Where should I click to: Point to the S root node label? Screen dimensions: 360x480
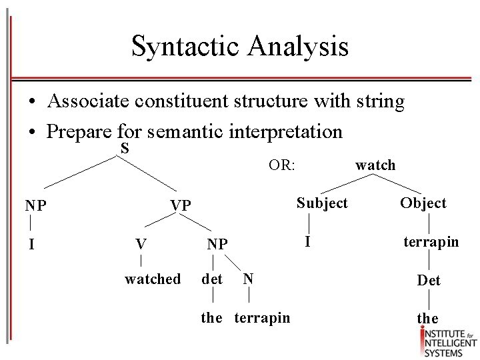125,149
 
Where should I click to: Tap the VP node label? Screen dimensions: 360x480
179,205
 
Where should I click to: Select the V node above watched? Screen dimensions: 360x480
141,244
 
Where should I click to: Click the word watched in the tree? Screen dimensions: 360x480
153,279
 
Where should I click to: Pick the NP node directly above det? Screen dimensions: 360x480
217,244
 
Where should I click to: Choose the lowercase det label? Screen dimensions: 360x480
212,279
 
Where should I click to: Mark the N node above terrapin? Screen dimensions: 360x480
247,278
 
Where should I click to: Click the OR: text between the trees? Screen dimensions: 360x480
281,165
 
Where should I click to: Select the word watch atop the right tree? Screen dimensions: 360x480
375,165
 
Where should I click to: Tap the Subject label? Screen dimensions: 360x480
322,203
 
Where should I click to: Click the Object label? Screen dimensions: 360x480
423,203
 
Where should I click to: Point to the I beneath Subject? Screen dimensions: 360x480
307,241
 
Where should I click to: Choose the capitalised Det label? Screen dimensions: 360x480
428,281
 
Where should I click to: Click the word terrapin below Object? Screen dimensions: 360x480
431,241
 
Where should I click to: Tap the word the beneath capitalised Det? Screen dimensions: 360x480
427,318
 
